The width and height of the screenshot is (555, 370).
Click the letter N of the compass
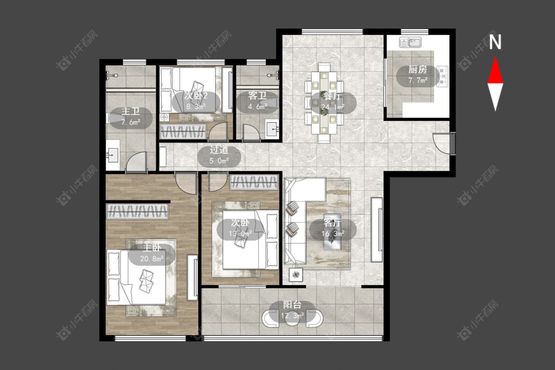click(x=495, y=42)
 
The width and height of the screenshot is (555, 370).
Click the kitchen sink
click(x=410, y=42)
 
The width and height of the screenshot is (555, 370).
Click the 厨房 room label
click(x=418, y=70)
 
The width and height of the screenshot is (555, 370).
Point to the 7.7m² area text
click(x=418, y=80)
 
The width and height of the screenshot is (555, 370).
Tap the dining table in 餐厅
click(x=324, y=103)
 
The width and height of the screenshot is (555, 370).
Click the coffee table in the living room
click(x=332, y=240)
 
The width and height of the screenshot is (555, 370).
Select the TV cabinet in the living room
click(x=377, y=229)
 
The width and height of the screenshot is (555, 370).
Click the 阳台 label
click(x=293, y=305)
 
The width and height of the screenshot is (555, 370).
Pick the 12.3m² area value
click(x=293, y=315)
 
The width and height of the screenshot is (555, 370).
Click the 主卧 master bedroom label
click(x=152, y=248)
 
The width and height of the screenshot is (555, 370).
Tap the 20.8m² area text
click(x=152, y=259)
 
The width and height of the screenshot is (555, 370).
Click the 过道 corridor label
click(x=219, y=150)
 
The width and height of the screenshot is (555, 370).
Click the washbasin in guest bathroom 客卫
click(x=272, y=129)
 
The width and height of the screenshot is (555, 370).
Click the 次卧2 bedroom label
click(x=196, y=96)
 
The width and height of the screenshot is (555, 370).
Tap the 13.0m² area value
click(x=240, y=234)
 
